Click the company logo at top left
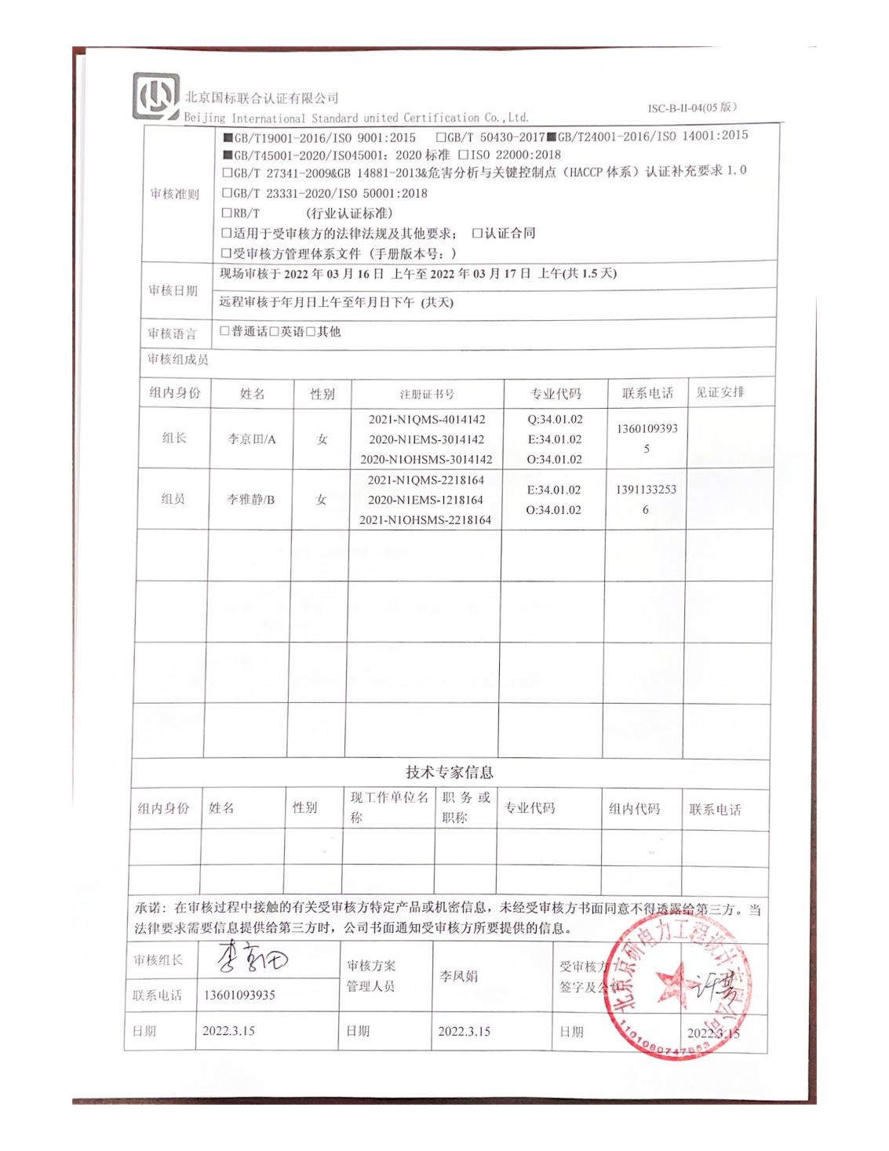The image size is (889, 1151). [156, 97]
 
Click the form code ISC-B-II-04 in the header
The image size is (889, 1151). [692, 107]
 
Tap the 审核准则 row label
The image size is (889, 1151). [175, 194]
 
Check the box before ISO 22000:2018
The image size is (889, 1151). [463, 155]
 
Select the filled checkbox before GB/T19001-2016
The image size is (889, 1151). [228, 137]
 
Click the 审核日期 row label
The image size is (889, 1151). [173, 290]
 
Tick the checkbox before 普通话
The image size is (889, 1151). [225, 331]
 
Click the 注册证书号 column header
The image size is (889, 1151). [427, 394]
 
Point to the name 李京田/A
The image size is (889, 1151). [252, 439]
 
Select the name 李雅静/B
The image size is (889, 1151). [251, 500]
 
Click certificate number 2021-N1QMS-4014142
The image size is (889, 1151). [427, 420]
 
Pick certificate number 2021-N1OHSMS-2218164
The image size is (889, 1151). [425, 519]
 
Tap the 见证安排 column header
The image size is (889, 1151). [720, 392]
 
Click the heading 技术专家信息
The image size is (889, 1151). [450, 772]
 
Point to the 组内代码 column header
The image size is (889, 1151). [635, 808]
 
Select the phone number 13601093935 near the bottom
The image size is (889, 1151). [239, 995]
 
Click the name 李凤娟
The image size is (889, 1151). [459, 977]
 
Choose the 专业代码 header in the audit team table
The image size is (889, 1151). [556, 393]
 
